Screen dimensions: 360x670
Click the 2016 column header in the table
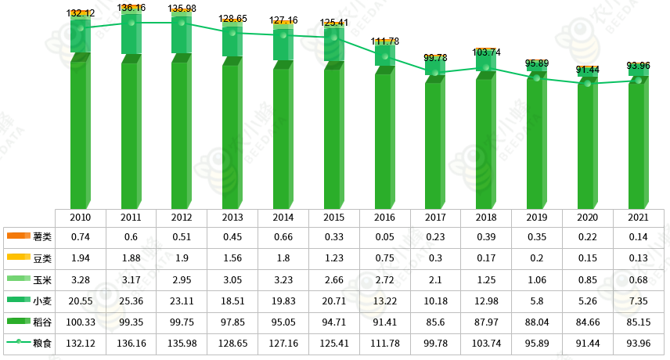[x=384, y=216]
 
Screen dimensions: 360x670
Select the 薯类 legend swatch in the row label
[x=18, y=236]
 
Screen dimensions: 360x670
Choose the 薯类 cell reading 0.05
[x=384, y=236]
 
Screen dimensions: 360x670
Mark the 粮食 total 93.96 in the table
[x=638, y=344]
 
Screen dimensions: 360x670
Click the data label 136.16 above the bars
[x=131, y=8]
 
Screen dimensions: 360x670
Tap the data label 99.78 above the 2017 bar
[x=436, y=57]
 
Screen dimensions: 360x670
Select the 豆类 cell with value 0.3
[x=435, y=257]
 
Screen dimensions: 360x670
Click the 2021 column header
[x=638, y=216]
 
